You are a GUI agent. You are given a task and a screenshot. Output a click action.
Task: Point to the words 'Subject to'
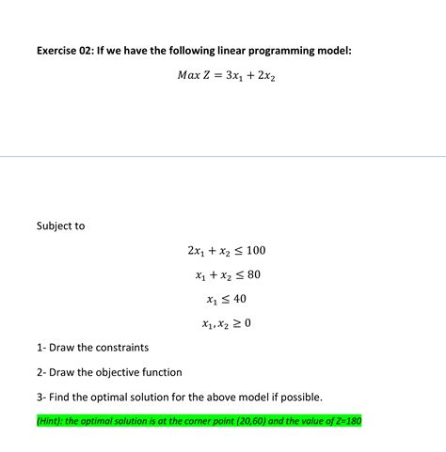(x=60, y=226)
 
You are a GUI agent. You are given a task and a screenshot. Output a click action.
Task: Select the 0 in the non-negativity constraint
(x=247, y=324)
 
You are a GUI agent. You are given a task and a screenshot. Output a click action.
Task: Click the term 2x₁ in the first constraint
(x=197, y=251)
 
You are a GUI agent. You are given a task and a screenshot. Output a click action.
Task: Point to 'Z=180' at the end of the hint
(x=345, y=421)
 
